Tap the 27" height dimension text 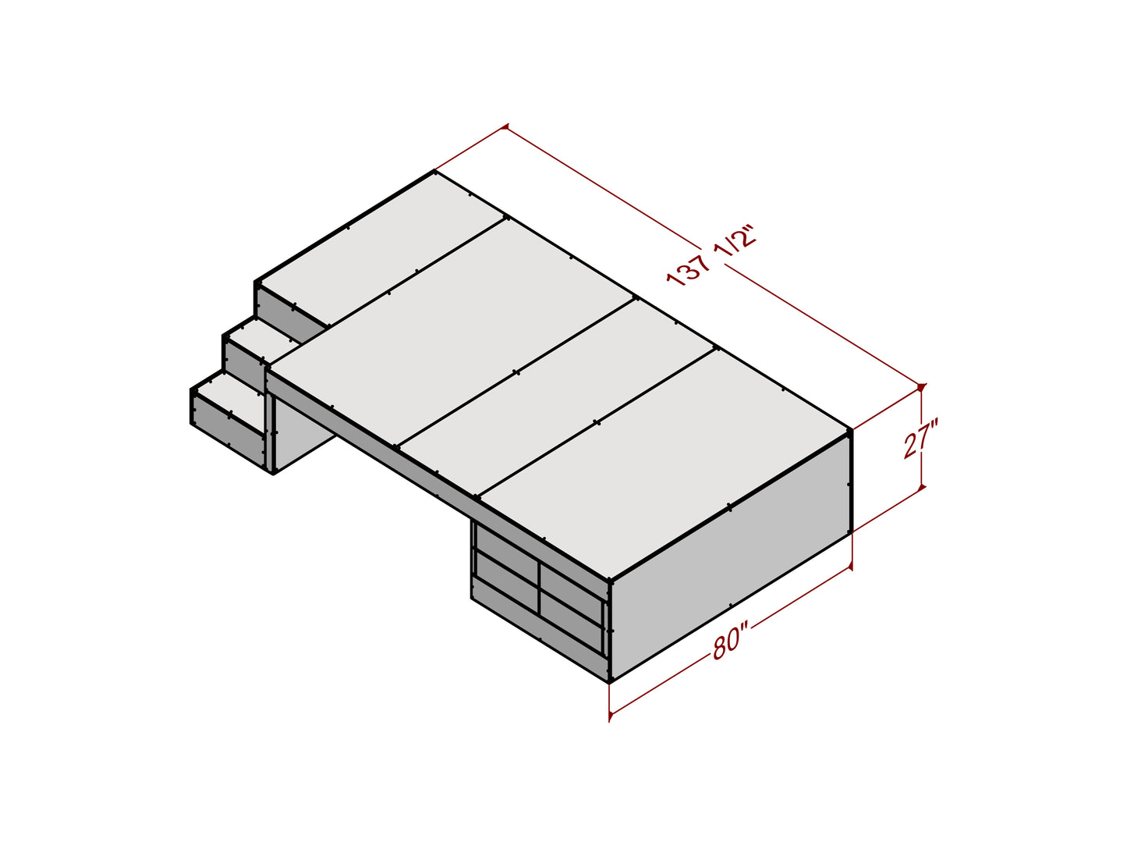coord(922,438)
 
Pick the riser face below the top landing coord(290,315)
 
